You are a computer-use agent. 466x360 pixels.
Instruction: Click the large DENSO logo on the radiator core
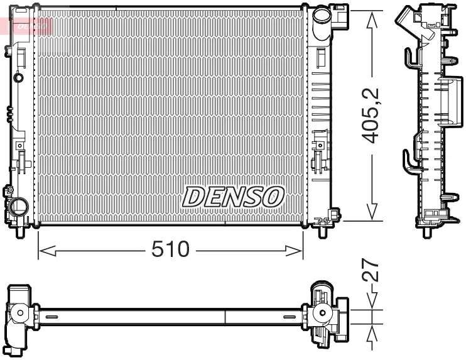click(233, 197)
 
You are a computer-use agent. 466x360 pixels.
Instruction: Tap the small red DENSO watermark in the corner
click(28, 25)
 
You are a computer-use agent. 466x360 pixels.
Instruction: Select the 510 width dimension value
click(170, 249)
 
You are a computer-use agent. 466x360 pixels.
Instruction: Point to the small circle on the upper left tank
click(18, 77)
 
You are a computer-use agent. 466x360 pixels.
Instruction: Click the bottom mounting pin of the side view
click(428, 230)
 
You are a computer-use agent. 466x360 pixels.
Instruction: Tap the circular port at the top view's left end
click(21, 312)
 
